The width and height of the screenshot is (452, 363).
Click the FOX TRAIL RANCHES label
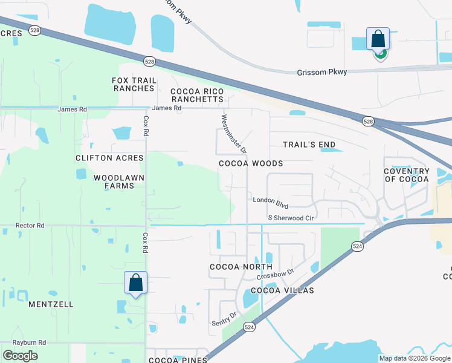(134, 84)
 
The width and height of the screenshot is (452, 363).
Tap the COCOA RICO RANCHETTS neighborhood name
(197, 95)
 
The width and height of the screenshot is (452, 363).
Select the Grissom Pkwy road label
(322, 72)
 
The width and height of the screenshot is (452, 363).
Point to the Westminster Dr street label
(234, 133)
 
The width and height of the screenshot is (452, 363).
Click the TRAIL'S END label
(309, 145)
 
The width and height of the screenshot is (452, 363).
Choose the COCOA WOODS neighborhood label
(251, 163)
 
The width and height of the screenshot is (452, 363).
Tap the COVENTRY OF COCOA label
(407, 175)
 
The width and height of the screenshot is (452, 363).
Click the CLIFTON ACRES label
(109, 158)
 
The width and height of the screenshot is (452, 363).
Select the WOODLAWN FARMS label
(114, 181)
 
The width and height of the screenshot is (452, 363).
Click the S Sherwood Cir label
(291, 218)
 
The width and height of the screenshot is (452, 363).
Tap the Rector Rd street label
(30, 226)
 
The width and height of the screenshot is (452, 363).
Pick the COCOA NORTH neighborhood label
(237, 267)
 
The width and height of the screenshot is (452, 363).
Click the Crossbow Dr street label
(275, 272)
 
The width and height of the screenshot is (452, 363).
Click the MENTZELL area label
(51, 304)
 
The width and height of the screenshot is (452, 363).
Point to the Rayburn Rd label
(30, 342)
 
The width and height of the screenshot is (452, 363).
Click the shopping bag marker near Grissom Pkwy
(378, 40)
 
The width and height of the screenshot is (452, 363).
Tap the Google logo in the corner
(20, 356)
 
